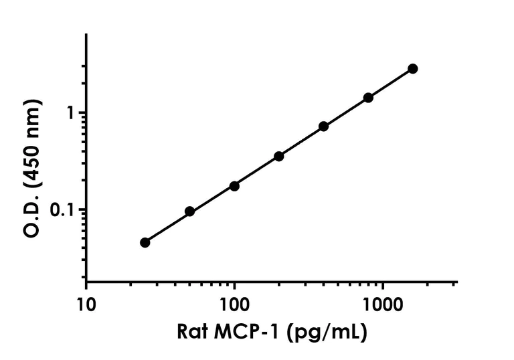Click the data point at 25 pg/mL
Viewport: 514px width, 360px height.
click(x=145, y=242)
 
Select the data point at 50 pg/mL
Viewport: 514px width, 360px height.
click(x=189, y=211)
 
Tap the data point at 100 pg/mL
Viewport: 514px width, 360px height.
click(x=234, y=186)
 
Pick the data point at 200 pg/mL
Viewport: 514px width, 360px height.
click(x=279, y=156)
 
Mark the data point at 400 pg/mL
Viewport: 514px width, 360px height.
click(x=323, y=126)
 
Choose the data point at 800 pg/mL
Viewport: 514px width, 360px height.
click(x=368, y=98)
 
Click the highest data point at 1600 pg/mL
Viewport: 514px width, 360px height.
click(x=413, y=69)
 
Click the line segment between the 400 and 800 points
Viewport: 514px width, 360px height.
click(x=346, y=112)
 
